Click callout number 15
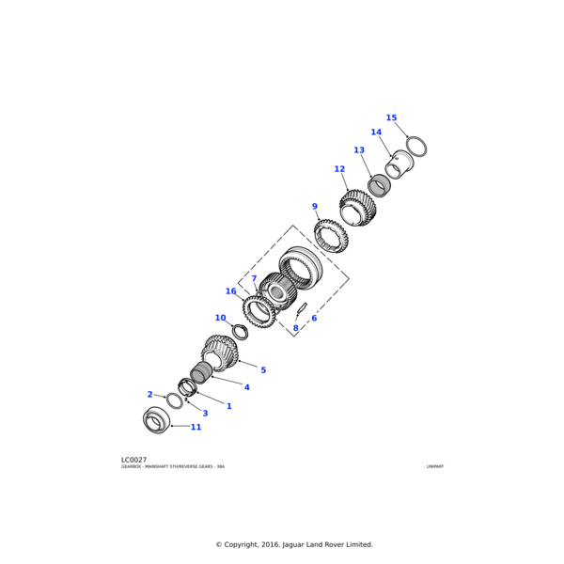point(391,118)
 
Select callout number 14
point(376,133)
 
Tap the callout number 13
point(358,150)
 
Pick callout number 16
point(230,291)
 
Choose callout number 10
point(220,318)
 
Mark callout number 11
point(196,427)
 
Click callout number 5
point(263,370)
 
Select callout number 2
point(149,395)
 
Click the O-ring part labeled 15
point(416,147)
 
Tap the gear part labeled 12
point(357,209)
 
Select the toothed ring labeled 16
point(258,310)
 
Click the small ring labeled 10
point(241,332)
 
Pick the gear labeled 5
point(220,353)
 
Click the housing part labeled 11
point(156,420)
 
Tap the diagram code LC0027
point(133,460)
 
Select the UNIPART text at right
point(434,466)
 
